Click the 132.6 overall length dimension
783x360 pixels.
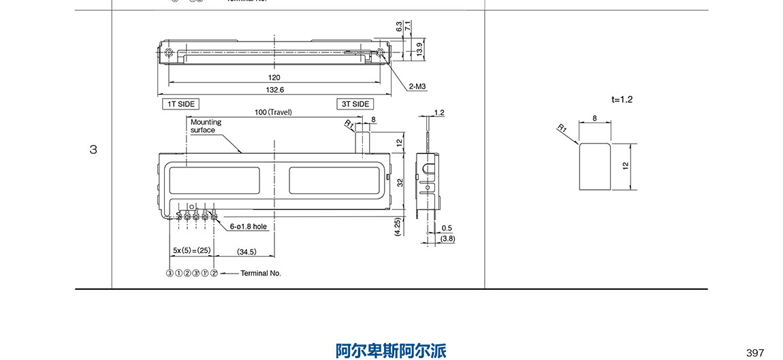pyautogui.click(x=275, y=89)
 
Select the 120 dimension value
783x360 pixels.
pyautogui.click(x=274, y=78)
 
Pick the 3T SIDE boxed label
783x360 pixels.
pyautogui.click(x=355, y=104)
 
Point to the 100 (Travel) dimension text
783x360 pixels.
pyautogui.click(x=273, y=112)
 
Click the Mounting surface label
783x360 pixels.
pyautogui.click(x=206, y=126)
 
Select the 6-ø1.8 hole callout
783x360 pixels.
pyautogui.click(x=248, y=226)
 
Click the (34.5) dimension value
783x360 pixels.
pyautogui.click(x=246, y=252)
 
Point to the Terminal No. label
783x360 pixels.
pyautogui.click(x=261, y=273)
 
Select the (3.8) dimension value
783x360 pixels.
pyautogui.click(x=448, y=239)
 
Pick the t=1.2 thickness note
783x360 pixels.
pyautogui.click(x=622, y=99)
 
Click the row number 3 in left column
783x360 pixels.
pyautogui.click(x=93, y=150)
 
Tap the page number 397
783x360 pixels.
pyautogui.click(x=755, y=353)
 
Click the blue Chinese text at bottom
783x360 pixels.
pyautogui.click(x=391, y=350)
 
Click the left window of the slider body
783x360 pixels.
pyautogui.click(x=214, y=180)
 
